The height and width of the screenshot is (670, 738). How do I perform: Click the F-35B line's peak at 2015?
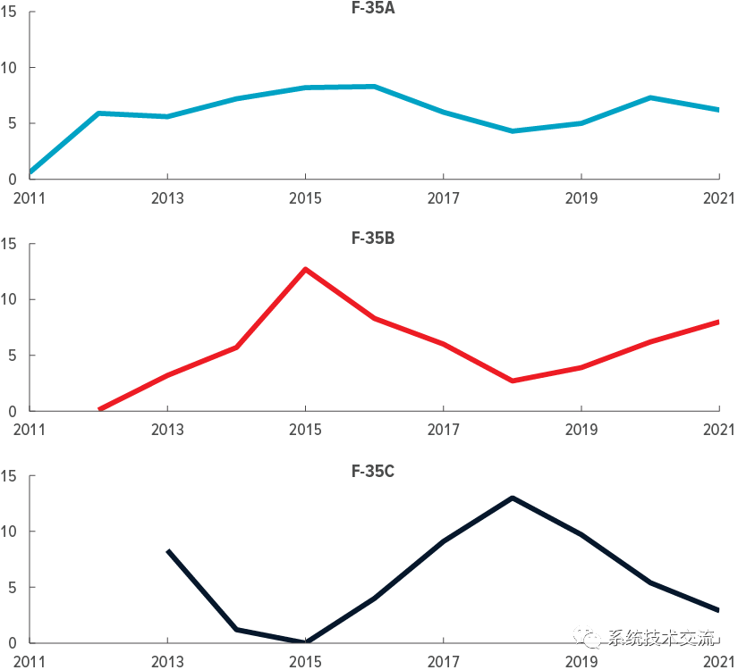pos(306,269)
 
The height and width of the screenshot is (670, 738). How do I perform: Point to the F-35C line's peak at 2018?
pos(513,498)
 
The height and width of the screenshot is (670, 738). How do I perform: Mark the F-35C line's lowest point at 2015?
pos(306,641)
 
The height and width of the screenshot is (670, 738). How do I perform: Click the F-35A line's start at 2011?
pos(31,172)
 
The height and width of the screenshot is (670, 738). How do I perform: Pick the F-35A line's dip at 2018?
pos(513,130)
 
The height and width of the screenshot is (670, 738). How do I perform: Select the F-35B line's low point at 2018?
pos(513,381)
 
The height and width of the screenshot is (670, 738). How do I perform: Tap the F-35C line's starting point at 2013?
pos(168,551)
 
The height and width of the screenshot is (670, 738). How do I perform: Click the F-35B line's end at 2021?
pos(718,322)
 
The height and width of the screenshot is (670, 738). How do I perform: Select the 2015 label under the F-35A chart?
pos(306,197)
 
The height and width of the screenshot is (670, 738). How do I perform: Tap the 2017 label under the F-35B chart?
pos(444,430)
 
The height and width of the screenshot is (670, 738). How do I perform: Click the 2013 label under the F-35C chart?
pos(168,661)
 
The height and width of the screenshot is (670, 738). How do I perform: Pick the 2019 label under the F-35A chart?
pos(581,197)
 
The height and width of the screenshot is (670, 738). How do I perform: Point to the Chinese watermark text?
pos(662,637)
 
